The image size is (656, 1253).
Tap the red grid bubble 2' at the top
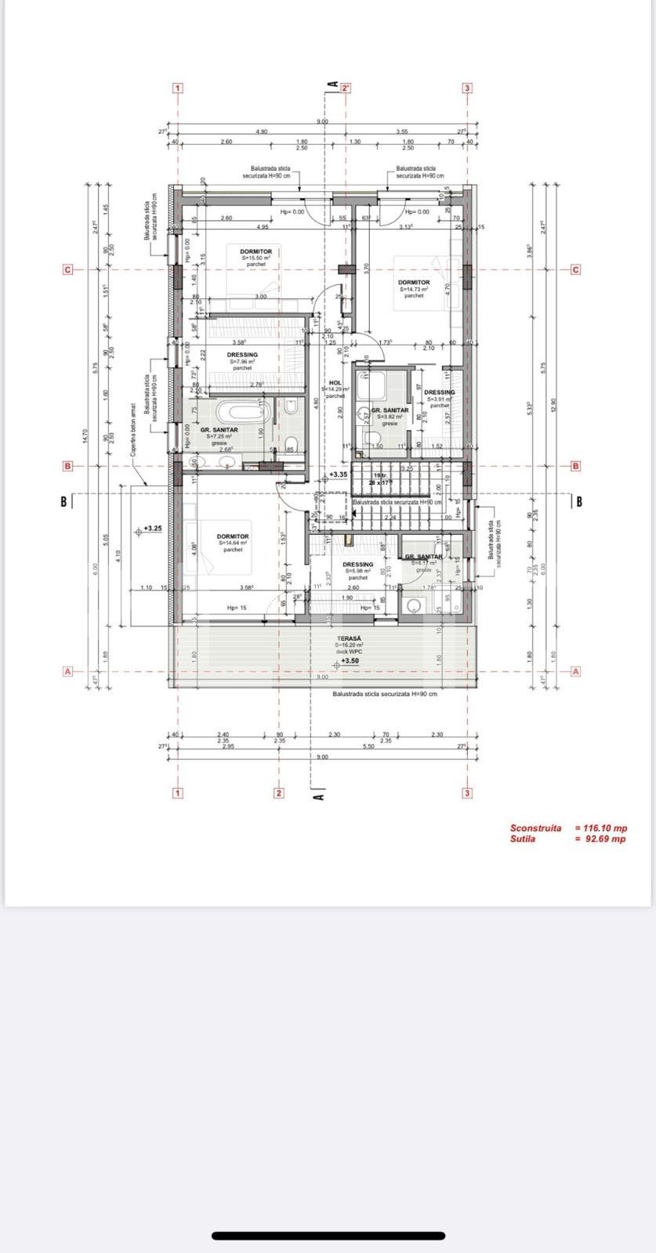point(346,88)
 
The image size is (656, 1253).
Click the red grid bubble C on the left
point(67,270)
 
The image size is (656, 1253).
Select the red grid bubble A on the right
point(576,671)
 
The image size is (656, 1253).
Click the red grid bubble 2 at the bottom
point(278,793)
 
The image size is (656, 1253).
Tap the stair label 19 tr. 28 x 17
point(380,479)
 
